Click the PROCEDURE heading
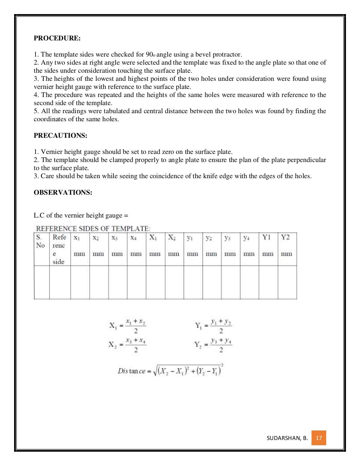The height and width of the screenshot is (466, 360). click(57, 38)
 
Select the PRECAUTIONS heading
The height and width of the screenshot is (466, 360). click(60, 136)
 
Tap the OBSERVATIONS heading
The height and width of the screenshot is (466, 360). click(63, 193)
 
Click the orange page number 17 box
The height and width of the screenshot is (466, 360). click(319, 438)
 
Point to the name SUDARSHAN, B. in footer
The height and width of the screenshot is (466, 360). click(287, 438)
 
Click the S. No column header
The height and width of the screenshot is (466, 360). click(41, 241)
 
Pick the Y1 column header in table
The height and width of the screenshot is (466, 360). click(268, 238)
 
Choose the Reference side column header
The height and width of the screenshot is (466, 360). click(59, 249)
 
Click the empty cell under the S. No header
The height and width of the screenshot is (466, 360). click(41, 282)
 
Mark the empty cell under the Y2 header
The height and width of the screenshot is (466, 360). click(287, 282)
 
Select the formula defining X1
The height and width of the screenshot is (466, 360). click(127, 326)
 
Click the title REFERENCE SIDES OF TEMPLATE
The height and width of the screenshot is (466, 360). click(93, 228)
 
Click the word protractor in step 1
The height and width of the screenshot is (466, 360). click(226, 54)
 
